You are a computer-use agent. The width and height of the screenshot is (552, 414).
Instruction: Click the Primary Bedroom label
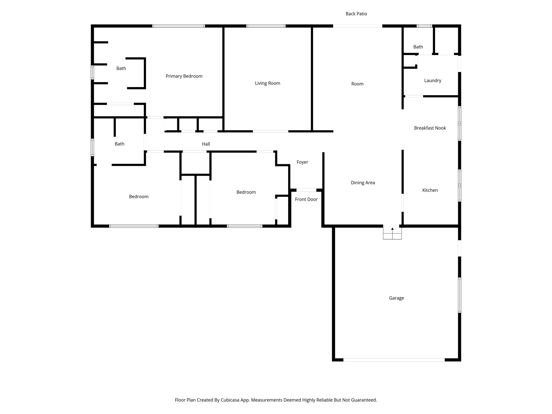(x=184, y=76)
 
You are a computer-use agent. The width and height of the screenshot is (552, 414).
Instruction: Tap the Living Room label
(x=267, y=83)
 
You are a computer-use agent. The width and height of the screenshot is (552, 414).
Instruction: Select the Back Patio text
(x=356, y=14)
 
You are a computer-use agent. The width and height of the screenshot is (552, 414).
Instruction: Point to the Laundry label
(x=432, y=81)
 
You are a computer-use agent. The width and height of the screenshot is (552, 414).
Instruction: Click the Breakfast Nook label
(x=430, y=128)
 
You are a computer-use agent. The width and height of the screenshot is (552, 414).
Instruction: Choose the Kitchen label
(x=430, y=190)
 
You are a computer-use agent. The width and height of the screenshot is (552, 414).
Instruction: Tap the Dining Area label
(x=363, y=183)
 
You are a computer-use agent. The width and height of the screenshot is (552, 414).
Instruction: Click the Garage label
(x=396, y=298)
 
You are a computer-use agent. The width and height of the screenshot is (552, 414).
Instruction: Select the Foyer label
(x=302, y=162)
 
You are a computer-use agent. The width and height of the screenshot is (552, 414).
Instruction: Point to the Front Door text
(x=306, y=199)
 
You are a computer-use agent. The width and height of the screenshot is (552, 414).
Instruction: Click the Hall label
(x=206, y=144)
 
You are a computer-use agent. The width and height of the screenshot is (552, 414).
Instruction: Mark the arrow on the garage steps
(x=392, y=229)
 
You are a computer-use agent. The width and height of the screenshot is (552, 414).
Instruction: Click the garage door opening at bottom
(x=394, y=360)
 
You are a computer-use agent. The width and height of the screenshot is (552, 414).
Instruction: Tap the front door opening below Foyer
(x=306, y=190)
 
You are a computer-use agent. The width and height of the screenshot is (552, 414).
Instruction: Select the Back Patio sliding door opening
(x=357, y=26)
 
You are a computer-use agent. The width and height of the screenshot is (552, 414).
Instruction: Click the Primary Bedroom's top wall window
(x=178, y=26)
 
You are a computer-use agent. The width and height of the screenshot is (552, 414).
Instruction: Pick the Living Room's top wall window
(x=266, y=26)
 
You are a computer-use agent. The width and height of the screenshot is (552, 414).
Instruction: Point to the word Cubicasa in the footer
(x=231, y=400)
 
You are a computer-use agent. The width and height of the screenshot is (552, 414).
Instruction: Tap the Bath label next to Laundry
(x=418, y=47)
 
